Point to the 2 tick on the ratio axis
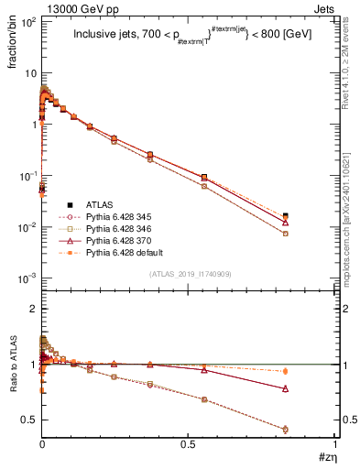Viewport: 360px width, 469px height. [x=33, y=310]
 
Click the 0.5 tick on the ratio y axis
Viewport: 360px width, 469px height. [x=28, y=420]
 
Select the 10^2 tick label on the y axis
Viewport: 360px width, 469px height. [x=27, y=22]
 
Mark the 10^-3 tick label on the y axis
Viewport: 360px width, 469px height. [x=27, y=278]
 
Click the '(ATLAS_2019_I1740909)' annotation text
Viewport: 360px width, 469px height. [x=189, y=274]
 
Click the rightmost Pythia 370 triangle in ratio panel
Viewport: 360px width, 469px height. [x=311, y=388]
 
